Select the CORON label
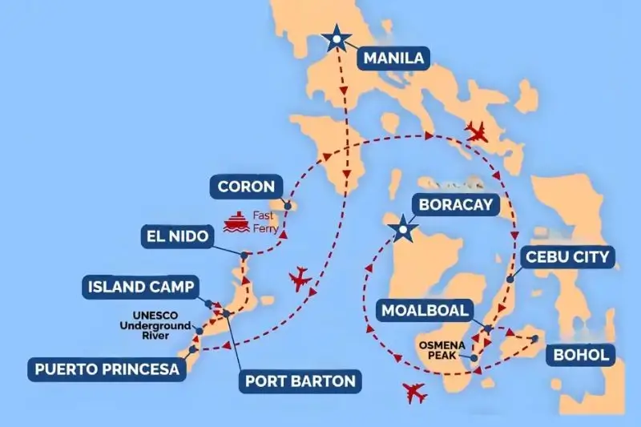click(x=246, y=189)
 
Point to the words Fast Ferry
click(x=266, y=221)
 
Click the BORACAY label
click(x=455, y=204)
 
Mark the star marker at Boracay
click(x=399, y=232)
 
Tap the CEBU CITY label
click(x=567, y=257)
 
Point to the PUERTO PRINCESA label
click(x=106, y=369)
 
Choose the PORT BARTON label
click(x=298, y=381)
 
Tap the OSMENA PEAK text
click(x=439, y=352)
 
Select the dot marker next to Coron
click(x=286, y=204)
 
